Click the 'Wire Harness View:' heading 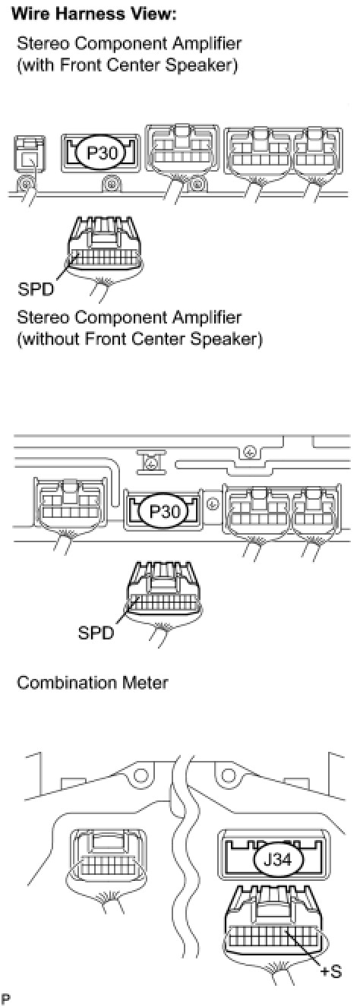click(x=94, y=14)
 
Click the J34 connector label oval click(x=279, y=860)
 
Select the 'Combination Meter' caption click(x=93, y=683)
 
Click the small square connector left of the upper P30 click(x=30, y=153)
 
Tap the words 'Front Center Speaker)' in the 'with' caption click(x=148, y=65)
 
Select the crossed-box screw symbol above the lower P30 click(x=151, y=463)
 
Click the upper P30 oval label click(x=101, y=153)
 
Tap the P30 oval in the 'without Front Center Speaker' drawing click(x=164, y=512)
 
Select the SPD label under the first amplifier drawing click(x=35, y=289)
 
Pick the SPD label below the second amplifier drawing click(x=95, y=633)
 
